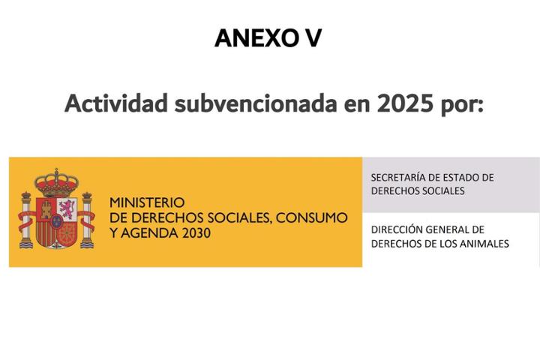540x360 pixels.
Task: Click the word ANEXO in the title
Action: click(256, 38)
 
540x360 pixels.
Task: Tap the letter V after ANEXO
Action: click(313, 38)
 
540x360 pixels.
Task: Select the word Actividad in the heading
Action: click(116, 103)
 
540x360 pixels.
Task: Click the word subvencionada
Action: click(256, 103)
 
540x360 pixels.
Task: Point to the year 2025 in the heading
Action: click(405, 103)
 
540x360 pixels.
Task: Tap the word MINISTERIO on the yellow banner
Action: click(147, 202)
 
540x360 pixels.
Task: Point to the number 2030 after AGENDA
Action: click(196, 233)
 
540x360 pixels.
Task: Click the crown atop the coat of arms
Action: click(56, 182)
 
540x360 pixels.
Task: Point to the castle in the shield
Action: click(46, 209)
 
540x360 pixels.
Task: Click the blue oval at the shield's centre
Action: click(56, 221)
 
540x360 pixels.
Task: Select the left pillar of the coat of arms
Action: click(26, 220)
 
